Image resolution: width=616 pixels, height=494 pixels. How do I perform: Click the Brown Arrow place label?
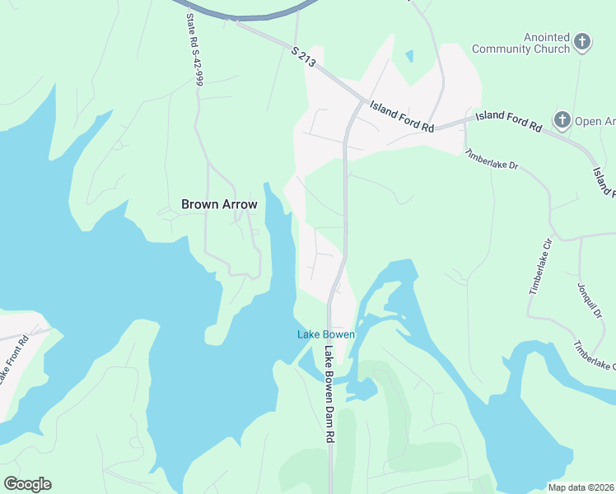219,204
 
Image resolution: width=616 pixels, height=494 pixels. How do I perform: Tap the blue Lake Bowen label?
326,334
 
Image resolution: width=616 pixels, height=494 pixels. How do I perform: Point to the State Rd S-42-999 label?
194,50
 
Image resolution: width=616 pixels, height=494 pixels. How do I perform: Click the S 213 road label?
304,58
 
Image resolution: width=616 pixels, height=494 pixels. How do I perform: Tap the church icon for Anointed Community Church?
582,42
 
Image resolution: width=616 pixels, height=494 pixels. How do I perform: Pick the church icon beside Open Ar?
562,121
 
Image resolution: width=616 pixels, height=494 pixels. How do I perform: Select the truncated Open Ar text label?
595,122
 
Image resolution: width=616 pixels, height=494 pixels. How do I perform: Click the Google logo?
27,483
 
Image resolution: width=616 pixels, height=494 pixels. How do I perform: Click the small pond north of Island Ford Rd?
409,57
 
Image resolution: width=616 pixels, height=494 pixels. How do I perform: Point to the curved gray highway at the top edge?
239,14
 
